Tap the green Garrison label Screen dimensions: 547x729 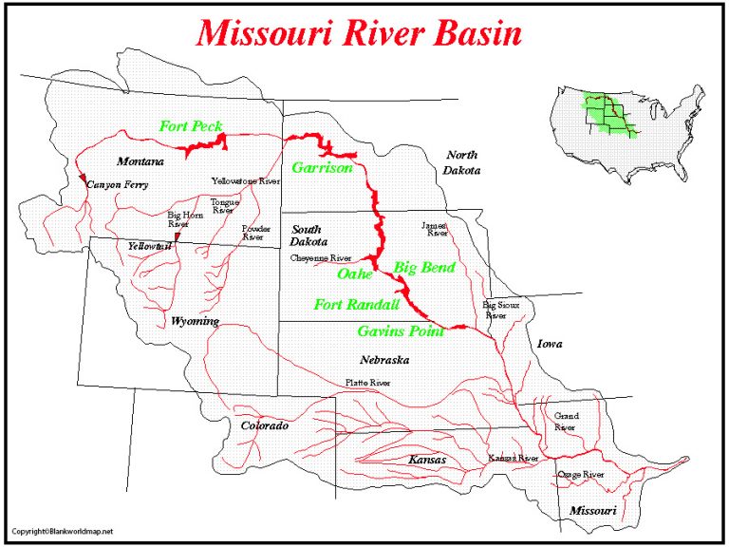(322, 168)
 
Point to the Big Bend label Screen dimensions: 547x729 (424, 268)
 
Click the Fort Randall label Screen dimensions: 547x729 (356, 304)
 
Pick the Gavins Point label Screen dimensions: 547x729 (401, 331)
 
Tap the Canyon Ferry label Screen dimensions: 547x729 (117, 185)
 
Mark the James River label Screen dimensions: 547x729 (435, 229)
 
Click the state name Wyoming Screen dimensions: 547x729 (195, 321)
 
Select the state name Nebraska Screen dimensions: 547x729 (384, 360)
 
